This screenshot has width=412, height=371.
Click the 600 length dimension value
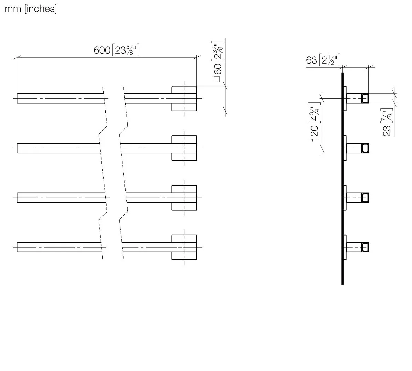[102, 50]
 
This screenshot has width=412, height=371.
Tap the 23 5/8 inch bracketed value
[126, 50]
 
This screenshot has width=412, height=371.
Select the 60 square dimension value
[218, 69]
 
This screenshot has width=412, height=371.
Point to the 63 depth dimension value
[312, 60]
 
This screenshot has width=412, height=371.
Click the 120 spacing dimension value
[315, 133]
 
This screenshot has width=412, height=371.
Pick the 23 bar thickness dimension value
[387, 131]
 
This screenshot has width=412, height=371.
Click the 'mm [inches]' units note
[31, 9]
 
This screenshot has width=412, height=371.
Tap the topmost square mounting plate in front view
[184, 98]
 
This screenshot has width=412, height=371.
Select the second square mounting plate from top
[184, 148]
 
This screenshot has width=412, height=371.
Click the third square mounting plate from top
[184, 198]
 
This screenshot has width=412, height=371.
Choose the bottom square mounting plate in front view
[184, 247]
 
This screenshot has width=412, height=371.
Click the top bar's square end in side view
[365, 98]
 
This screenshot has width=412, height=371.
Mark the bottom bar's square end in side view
[365, 247]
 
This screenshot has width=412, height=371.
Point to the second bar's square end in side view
[365, 148]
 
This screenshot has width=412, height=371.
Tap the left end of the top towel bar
[17, 98]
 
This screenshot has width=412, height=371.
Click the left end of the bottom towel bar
[17, 247]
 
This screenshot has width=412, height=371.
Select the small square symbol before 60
[217, 79]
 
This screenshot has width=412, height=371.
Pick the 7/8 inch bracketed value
[387, 115]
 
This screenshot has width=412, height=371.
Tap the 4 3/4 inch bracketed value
[315, 113]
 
